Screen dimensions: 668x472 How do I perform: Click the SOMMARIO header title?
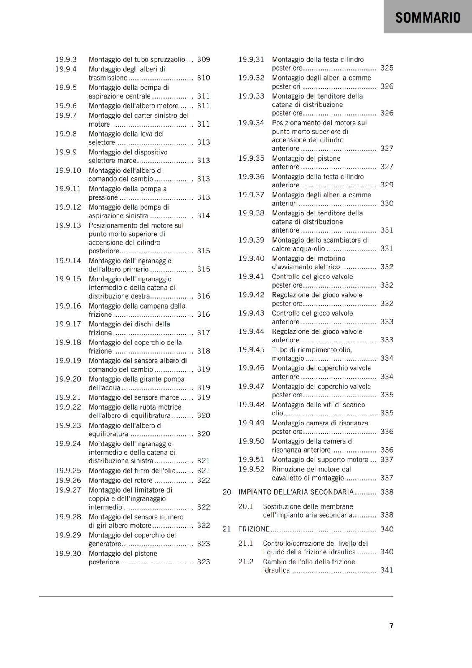tap(428, 18)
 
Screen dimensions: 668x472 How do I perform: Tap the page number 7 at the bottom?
tap(391, 626)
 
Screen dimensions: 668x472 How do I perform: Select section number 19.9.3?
tap(66, 60)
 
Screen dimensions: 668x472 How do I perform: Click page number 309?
tap(203, 60)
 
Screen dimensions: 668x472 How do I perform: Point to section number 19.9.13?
tap(68, 225)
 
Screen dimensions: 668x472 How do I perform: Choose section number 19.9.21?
tap(68, 397)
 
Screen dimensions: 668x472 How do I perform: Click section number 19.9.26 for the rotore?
tap(68, 481)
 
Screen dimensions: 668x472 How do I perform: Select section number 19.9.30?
tap(68, 554)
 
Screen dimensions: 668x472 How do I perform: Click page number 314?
tap(203, 216)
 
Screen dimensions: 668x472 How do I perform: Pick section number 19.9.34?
tap(251, 123)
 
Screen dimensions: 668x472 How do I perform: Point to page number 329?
tap(387, 185)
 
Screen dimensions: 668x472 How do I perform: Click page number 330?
tap(387, 203)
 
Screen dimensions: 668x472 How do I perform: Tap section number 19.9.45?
tap(251, 350)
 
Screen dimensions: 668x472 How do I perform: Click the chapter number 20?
tap(227, 492)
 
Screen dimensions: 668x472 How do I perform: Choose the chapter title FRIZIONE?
tap(254, 529)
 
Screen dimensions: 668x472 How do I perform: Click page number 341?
tap(387, 570)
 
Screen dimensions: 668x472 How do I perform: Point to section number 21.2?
tap(246, 562)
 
